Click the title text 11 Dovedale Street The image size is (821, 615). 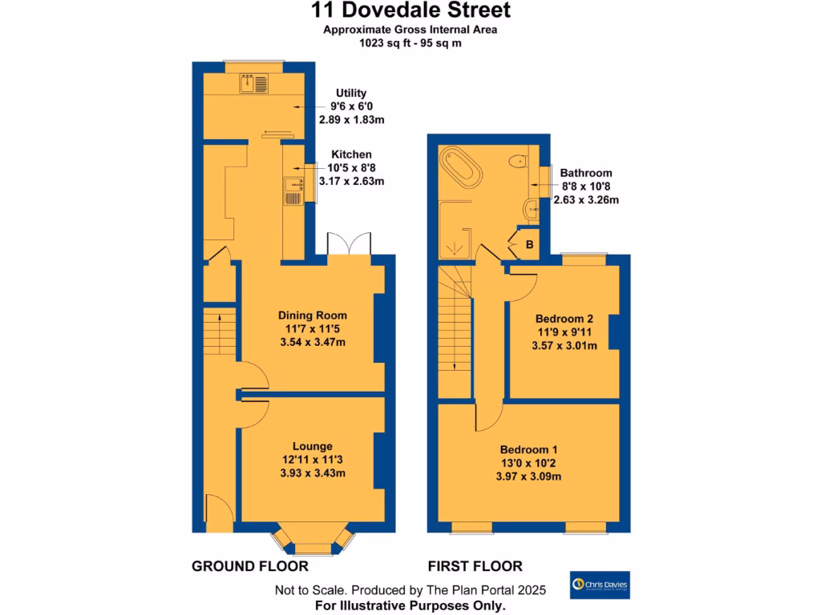point(410,10)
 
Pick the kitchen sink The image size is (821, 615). point(292,191)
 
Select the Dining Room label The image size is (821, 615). point(312,316)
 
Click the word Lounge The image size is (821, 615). point(312,446)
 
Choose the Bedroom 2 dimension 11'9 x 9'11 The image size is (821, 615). point(564,332)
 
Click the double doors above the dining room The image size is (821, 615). point(349,245)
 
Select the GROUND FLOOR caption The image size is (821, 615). point(250,566)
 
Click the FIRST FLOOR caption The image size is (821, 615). point(475,566)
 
